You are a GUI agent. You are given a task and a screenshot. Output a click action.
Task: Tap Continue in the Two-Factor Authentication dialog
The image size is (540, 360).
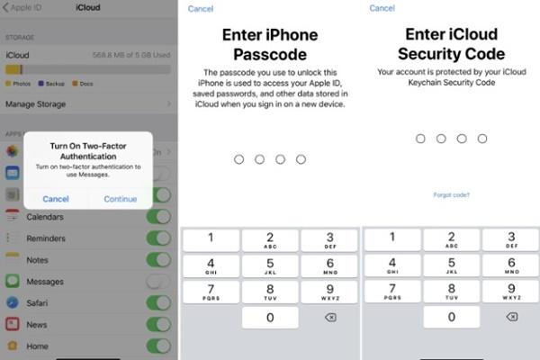(x=121, y=199)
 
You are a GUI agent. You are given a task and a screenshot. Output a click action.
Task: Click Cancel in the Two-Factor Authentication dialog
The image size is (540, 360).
(x=55, y=199)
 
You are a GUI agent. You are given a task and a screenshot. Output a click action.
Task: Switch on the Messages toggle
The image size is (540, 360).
(x=158, y=282)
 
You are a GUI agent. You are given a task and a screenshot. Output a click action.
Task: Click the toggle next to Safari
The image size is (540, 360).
(x=158, y=303)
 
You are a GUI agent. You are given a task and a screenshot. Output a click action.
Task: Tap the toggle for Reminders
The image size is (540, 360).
(x=158, y=238)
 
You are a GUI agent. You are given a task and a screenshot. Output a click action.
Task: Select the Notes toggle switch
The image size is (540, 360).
(x=158, y=260)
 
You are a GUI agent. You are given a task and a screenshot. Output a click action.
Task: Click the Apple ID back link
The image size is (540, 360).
(x=27, y=8)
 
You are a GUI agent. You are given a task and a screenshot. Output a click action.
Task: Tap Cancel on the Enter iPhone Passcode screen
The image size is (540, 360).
(x=202, y=9)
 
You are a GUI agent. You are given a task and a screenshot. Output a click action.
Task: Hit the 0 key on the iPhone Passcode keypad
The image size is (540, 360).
(x=270, y=318)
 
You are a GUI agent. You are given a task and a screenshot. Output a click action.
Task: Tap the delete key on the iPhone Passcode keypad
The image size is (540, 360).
(x=329, y=318)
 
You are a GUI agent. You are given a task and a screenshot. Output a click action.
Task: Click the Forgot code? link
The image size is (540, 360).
(x=451, y=195)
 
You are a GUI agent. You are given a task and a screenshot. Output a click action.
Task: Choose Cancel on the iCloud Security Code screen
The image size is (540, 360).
(x=382, y=9)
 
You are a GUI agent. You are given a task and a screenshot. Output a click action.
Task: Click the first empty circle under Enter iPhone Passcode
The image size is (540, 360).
(x=238, y=159)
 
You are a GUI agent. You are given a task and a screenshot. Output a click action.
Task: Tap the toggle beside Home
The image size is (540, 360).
(x=158, y=346)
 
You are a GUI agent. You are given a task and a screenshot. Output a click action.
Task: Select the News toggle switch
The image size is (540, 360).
(x=158, y=325)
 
